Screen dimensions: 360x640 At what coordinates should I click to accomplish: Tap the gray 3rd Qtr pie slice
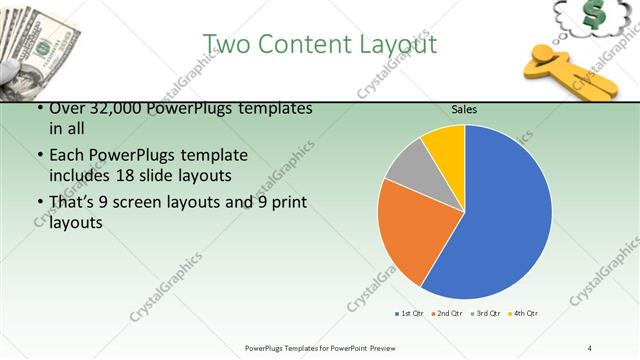click(x=408, y=169)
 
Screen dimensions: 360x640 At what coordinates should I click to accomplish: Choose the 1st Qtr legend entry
click(x=409, y=314)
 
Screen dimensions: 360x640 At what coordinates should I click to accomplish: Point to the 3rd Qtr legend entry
click(x=485, y=314)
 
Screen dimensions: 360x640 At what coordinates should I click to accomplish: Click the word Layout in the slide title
click(x=391, y=45)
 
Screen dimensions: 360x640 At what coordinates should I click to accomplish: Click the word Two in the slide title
click(x=225, y=45)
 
